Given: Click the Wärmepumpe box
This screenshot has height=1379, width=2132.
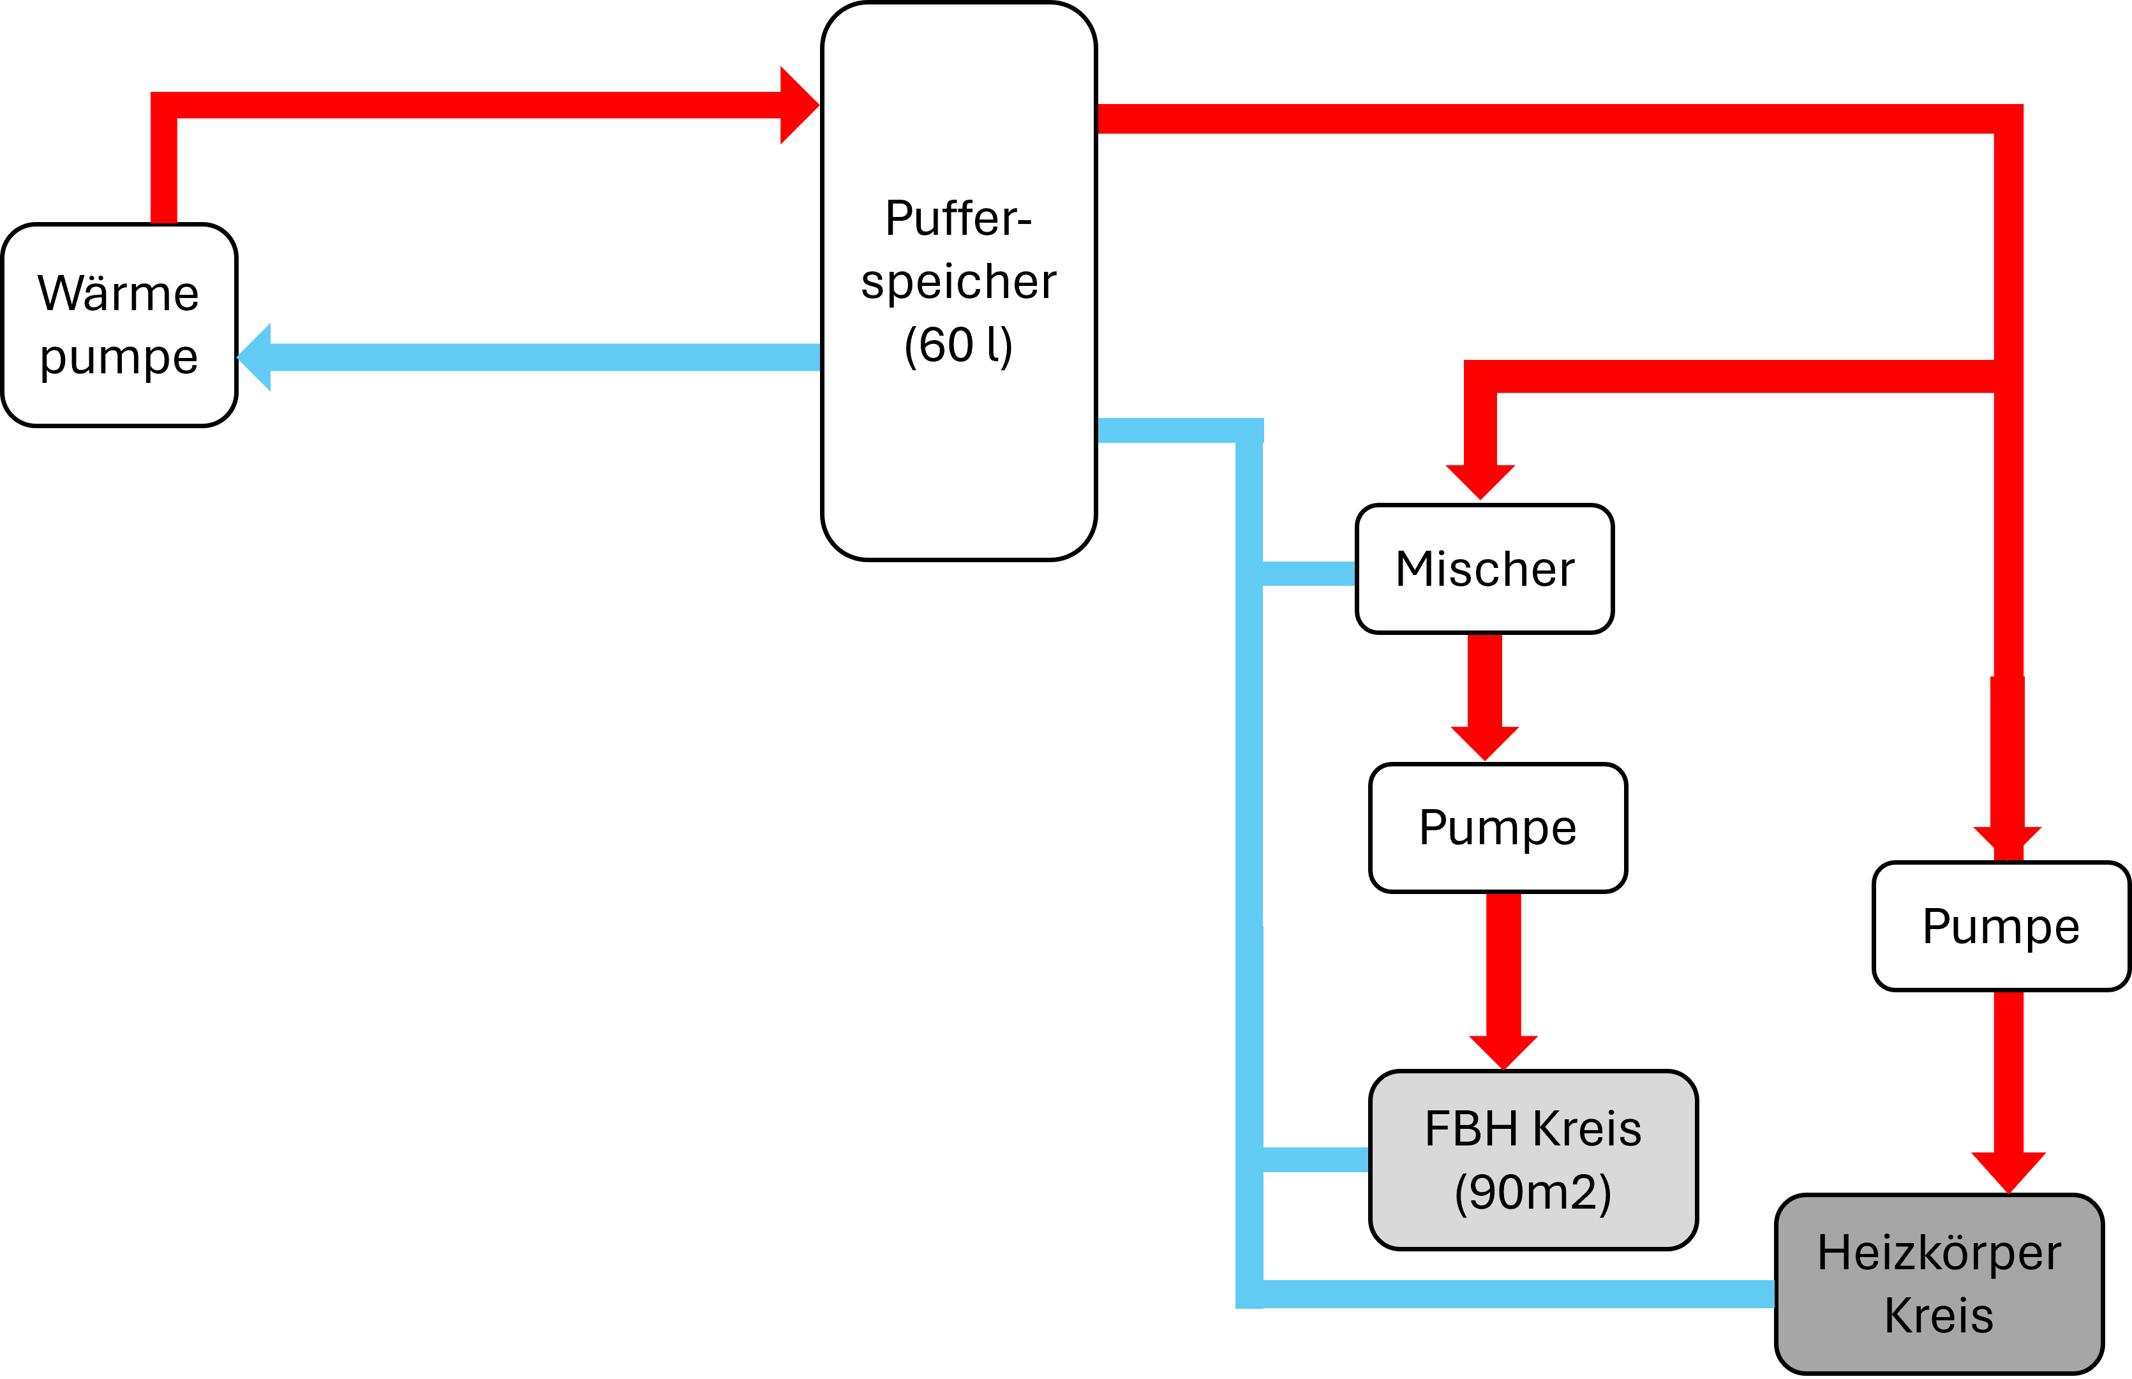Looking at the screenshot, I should click(x=119, y=325).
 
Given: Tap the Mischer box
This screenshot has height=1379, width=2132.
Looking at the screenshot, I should click(x=1484, y=569).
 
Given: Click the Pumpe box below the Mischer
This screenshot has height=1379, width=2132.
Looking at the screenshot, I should click(x=1497, y=828).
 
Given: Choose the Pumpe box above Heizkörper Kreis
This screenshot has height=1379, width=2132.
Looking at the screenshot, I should click(x=2001, y=926).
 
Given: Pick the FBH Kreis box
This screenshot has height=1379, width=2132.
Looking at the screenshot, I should click(x=1532, y=1159).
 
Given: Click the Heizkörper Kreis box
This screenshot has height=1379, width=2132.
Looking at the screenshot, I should click(x=1939, y=1283).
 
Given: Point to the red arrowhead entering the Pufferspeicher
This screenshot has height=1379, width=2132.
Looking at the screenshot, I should click(x=799, y=105).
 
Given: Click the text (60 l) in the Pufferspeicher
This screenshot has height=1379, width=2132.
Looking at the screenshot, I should click(x=958, y=346).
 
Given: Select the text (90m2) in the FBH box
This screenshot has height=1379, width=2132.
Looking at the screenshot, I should click(x=1532, y=1192).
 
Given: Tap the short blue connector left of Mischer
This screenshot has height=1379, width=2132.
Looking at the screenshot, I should click(x=1308, y=573).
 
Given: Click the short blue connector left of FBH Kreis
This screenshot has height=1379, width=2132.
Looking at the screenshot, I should click(x=1315, y=1159).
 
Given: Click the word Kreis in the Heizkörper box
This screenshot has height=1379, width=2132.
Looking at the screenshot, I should click(x=1939, y=1315).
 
